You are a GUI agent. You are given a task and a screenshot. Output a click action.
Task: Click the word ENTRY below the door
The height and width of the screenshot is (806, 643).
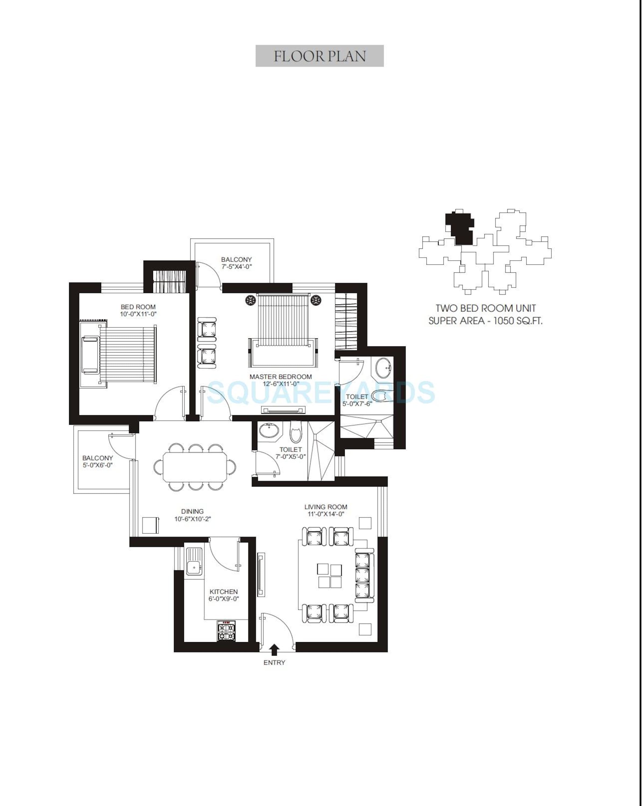click(274, 663)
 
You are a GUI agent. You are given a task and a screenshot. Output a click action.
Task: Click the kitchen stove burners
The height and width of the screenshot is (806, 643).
click(226, 631)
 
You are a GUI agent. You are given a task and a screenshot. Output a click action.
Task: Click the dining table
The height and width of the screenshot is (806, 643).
click(195, 467)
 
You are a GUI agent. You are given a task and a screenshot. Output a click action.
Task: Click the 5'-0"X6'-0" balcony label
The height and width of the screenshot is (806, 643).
click(97, 461)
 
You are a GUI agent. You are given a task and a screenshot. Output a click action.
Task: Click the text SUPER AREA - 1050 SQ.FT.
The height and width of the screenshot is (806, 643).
click(485, 321)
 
